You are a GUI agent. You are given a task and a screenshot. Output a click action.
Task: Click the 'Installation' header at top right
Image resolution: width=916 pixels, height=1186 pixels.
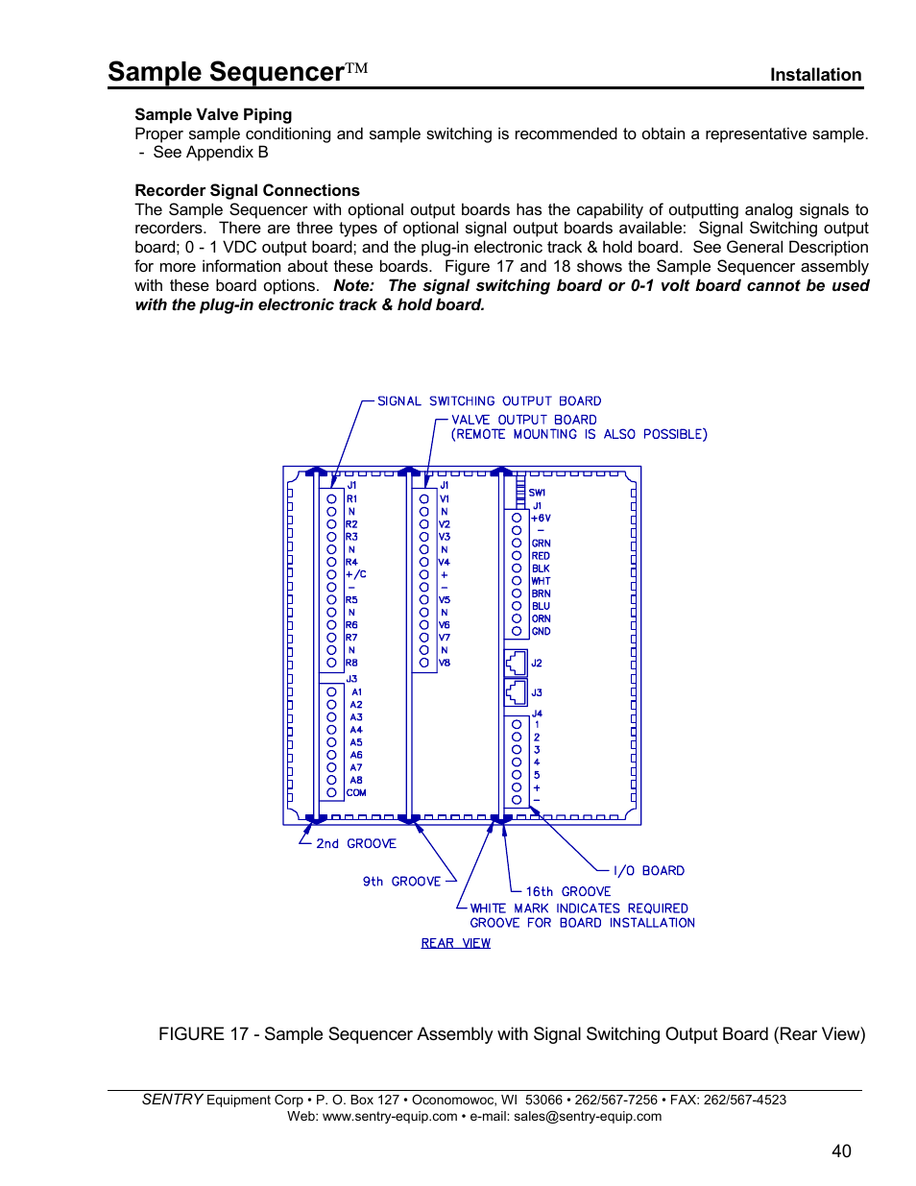coord(815,75)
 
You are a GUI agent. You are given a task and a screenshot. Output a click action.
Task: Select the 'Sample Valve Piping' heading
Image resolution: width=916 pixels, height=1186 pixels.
coord(213,114)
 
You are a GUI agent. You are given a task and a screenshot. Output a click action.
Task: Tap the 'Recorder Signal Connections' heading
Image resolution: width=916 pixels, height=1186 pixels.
coord(247,190)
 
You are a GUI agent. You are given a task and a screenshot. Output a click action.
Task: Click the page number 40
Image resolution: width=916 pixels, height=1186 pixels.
coord(841,1150)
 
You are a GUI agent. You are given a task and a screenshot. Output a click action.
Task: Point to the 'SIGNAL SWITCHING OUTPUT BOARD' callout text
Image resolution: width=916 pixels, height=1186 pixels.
coord(489,401)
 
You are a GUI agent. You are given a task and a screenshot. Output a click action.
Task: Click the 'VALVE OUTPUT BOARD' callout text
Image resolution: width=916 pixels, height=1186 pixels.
coord(523,420)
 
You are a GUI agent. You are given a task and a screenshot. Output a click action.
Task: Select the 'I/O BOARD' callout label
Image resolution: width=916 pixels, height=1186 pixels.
coord(648,871)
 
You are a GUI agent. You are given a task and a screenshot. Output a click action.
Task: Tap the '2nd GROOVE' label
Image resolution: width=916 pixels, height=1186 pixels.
coord(355,844)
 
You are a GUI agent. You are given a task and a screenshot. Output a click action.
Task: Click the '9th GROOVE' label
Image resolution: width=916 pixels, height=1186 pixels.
coord(401,882)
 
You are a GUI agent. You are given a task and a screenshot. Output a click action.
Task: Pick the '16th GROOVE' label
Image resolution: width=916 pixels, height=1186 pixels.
coord(567,892)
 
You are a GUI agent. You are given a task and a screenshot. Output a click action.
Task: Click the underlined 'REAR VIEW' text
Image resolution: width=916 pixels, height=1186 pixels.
coord(455,943)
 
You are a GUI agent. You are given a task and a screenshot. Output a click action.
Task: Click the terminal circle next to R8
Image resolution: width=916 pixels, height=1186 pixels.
coord(331,663)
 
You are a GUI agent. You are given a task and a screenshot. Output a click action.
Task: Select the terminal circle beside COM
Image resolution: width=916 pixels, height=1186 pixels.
coord(331,793)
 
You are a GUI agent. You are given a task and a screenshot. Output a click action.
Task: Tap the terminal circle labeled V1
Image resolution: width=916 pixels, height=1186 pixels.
coord(423,499)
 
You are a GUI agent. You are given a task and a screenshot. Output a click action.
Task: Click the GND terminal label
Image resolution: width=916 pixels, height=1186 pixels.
coord(542,632)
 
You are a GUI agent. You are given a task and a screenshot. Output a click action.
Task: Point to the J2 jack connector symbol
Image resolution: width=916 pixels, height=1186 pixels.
coord(516,663)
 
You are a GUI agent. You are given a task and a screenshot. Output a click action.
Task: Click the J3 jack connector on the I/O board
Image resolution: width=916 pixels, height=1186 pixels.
coord(516,692)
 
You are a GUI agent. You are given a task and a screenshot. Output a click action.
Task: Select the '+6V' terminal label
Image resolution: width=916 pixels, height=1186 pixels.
coord(541,519)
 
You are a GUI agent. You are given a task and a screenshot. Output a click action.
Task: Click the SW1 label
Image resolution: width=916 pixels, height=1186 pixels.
coord(537,493)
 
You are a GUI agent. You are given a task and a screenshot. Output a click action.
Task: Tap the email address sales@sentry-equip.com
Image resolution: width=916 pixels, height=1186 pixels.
coord(588,1116)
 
